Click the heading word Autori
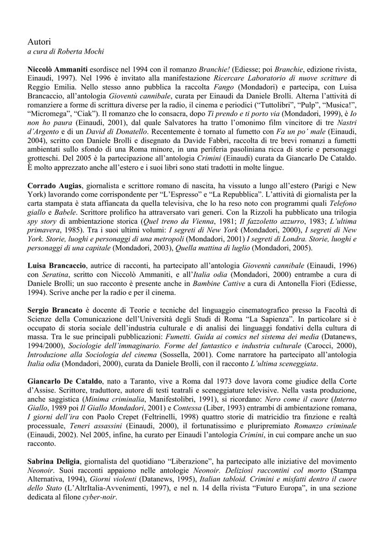[x=39, y=41]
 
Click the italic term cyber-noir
[x=100, y=498]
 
